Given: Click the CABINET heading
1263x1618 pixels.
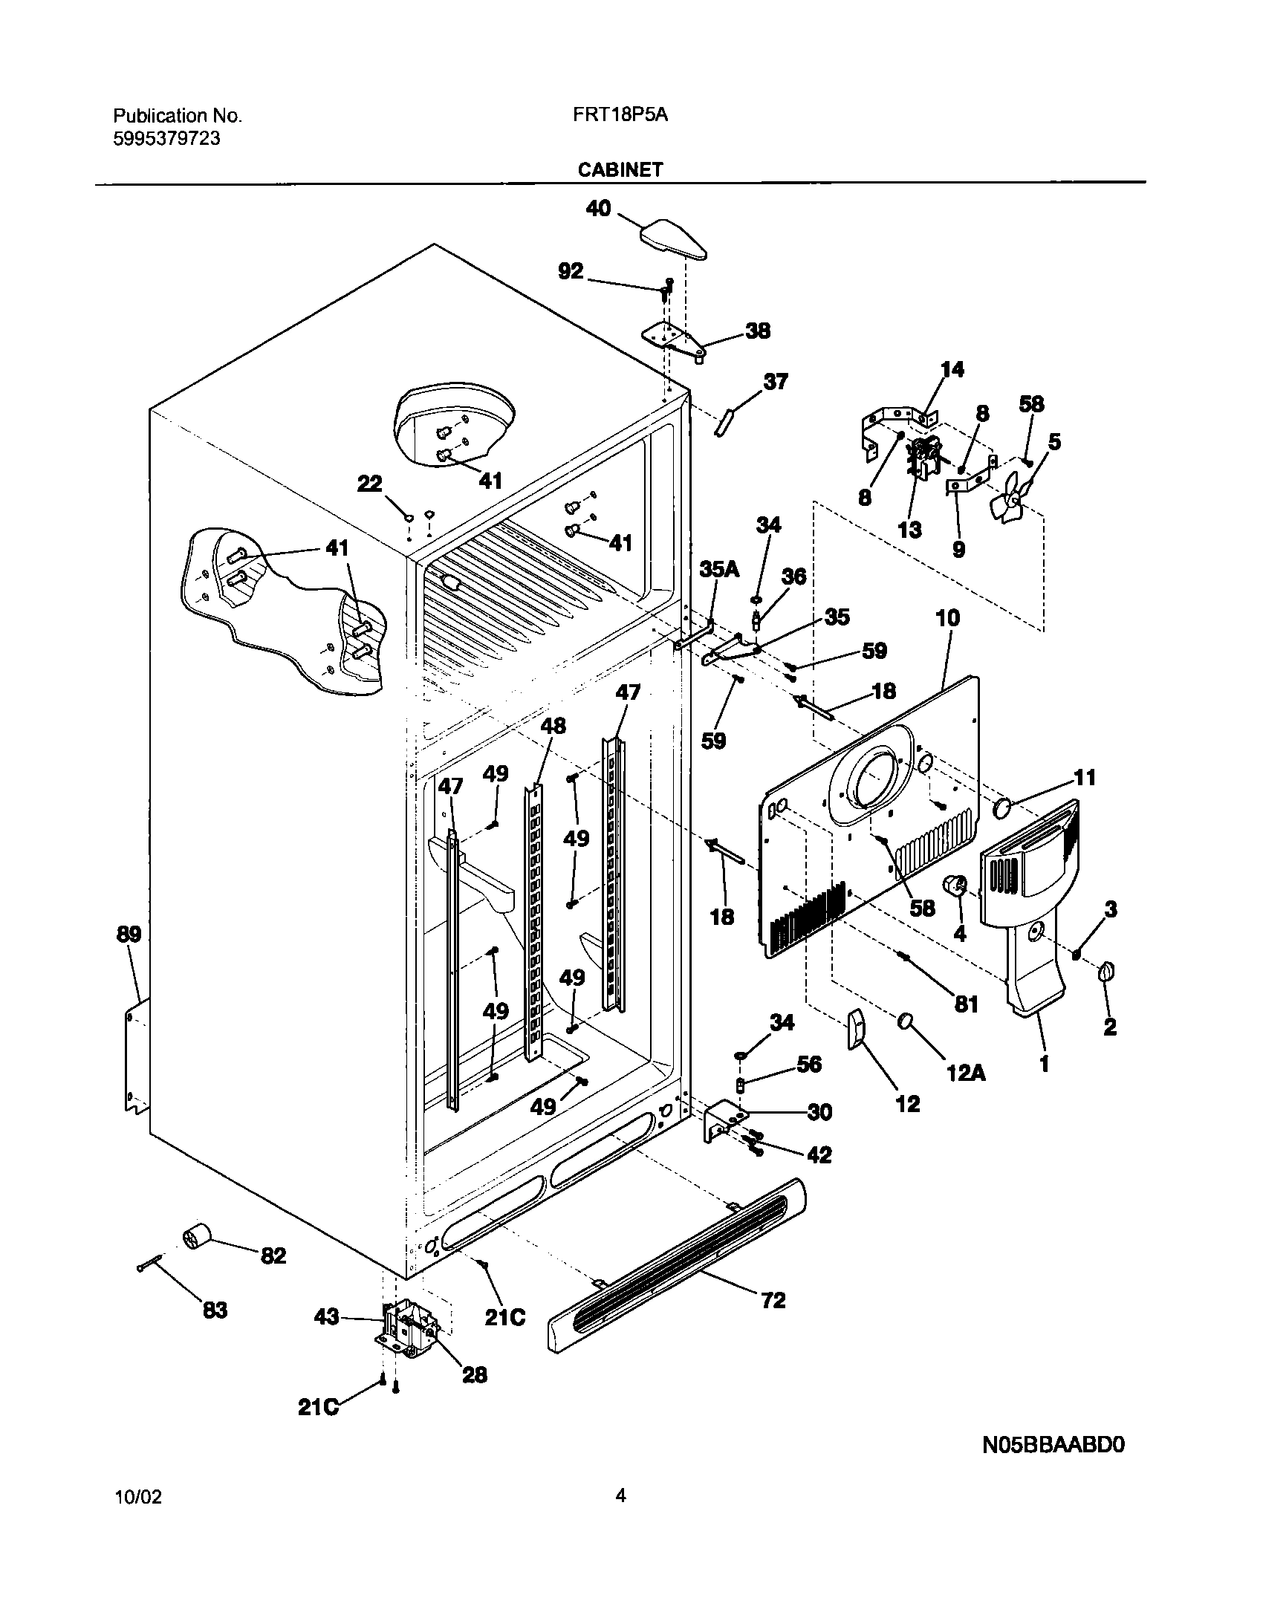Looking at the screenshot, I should pyautogui.click(x=620, y=170).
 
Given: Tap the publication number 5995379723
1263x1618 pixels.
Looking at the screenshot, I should pyautogui.click(x=166, y=138).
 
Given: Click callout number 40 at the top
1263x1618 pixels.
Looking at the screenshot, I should pyautogui.click(x=598, y=208).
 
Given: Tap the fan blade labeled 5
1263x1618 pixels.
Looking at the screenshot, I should pyautogui.click(x=1011, y=500).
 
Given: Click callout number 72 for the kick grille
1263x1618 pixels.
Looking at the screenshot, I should pyautogui.click(x=773, y=1300).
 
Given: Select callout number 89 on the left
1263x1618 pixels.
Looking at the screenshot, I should pyautogui.click(x=129, y=934).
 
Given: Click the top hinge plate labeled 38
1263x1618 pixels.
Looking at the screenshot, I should pyautogui.click(x=672, y=338).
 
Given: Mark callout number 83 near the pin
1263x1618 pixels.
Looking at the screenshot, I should pyautogui.click(x=215, y=1310).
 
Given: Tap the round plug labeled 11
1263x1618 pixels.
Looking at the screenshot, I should pyautogui.click(x=1002, y=808).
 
